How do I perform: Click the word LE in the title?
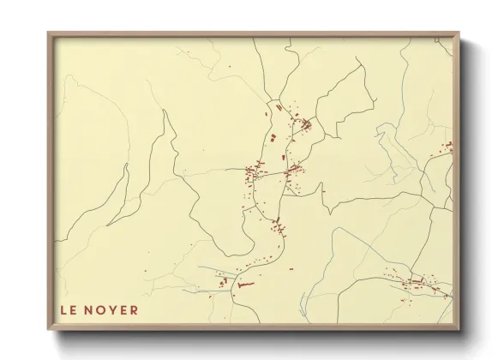69,309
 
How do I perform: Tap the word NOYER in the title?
111,309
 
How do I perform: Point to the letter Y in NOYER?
111,309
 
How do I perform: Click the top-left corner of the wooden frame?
48,33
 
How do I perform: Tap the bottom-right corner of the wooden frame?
460,330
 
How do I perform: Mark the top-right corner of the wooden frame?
460,33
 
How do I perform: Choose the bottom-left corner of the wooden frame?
48,330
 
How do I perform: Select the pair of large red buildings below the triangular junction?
276,137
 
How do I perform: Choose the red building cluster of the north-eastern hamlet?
302,127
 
